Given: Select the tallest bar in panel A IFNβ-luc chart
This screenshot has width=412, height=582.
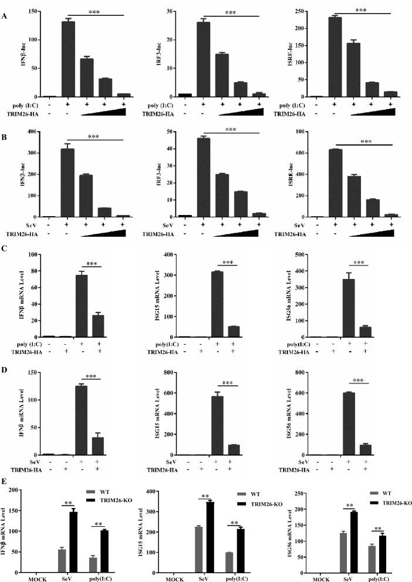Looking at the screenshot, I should click(x=68, y=59).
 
